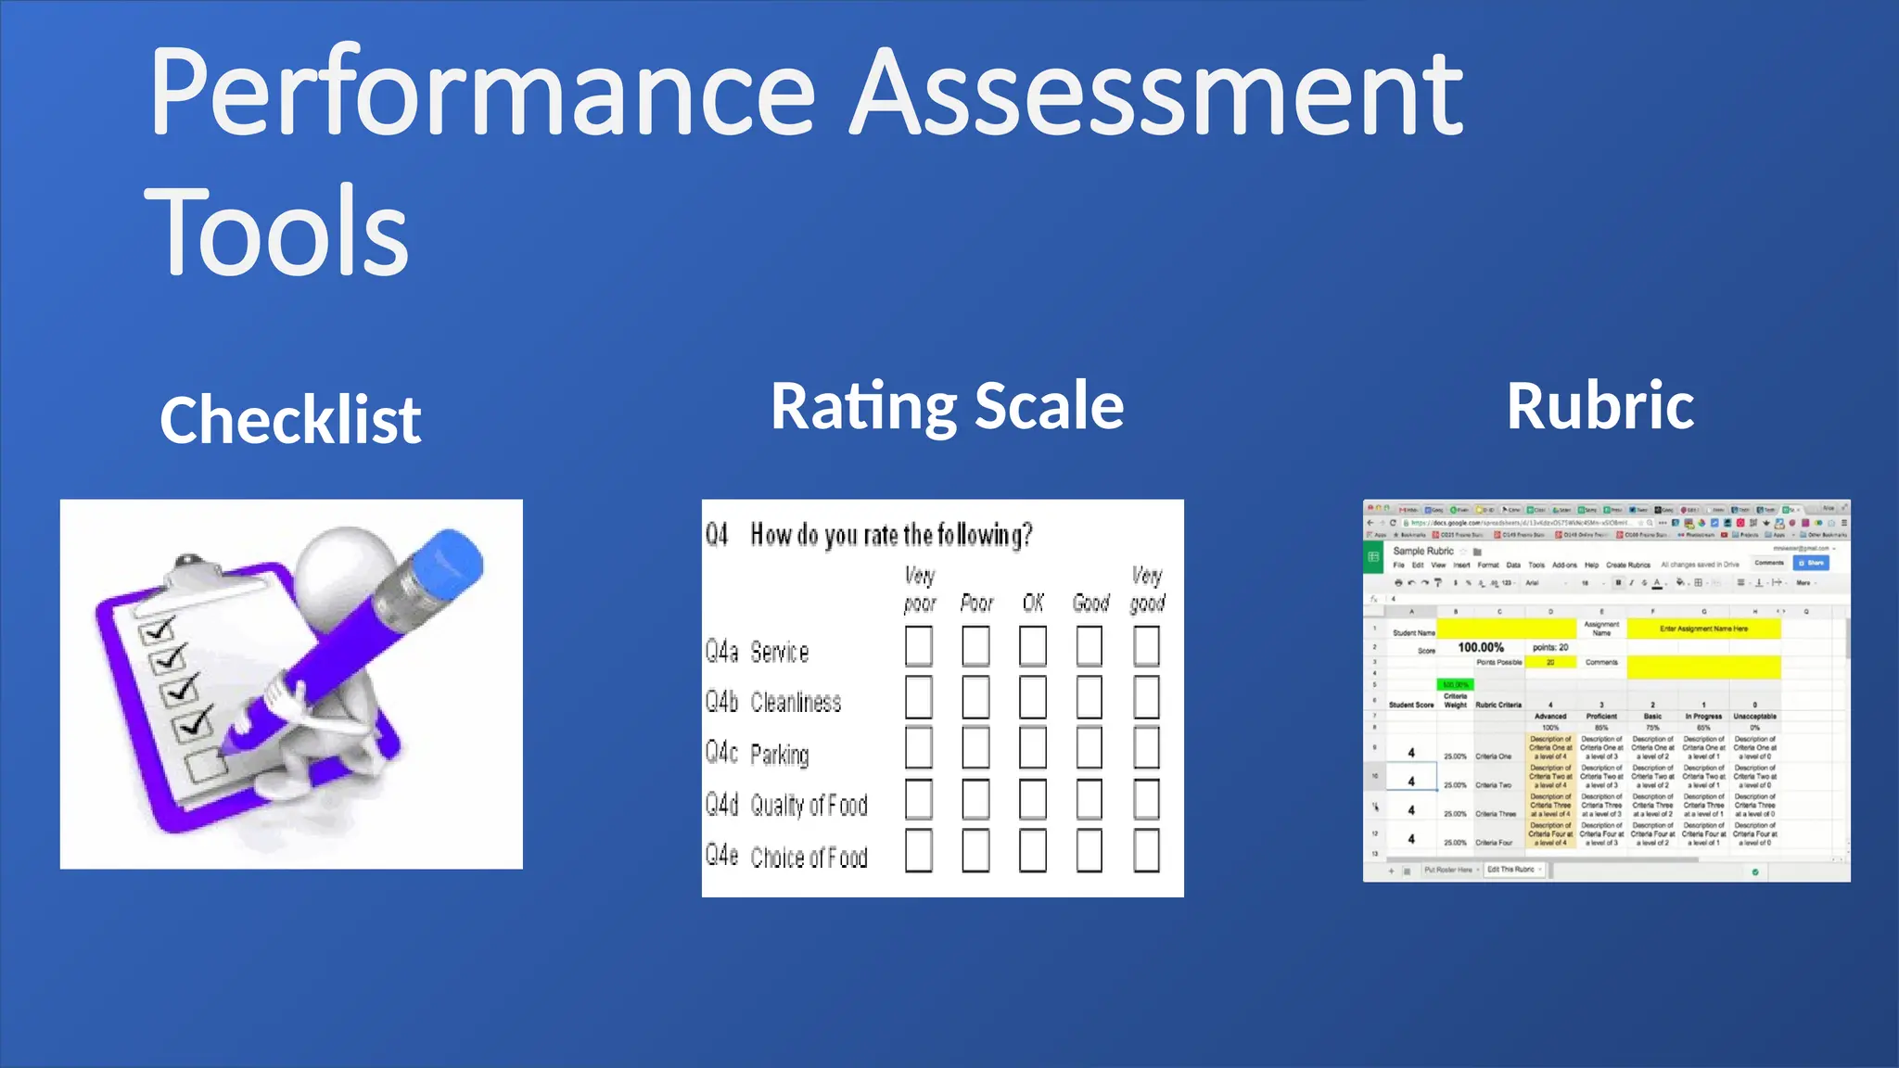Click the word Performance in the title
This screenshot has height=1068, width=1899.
pyautogui.click(x=482, y=93)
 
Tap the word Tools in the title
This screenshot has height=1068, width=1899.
pyautogui.click(x=276, y=232)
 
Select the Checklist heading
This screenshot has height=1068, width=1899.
pyautogui.click(x=290, y=420)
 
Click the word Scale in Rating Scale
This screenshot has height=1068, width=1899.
pyautogui.click(x=1049, y=406)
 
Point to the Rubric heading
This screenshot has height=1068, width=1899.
pyautogui.click(x=1600, y=406)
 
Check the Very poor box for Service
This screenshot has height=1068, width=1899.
pyautogui.click(x=918, y=646)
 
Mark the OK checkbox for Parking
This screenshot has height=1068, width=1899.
pyautogui.click(x=1032, y=748)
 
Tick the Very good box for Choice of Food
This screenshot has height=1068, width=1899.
pyautogui.click(x=1146, y=851)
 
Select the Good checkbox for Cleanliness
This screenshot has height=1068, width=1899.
pyautogui.click(x=1090, y=697)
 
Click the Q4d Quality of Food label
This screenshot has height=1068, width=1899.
pyautogui.click(x=786, y=805)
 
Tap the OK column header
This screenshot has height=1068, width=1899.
pyautogui.click(x=1033, y=604)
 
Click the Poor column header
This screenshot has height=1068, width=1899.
pyautogui.click(x=976, y=604)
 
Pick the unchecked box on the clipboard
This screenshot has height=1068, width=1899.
pyautogui.click(x=205, y=766)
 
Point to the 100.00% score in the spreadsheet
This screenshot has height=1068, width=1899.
pyautogui.click(x=1481, y=647)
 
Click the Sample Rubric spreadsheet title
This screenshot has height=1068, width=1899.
pyautogui.click(x=1423, y=551)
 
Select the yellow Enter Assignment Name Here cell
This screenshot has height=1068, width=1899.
pyautogui.click(x=1703, y=629)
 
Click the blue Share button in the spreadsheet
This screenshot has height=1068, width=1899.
pyautogui.click(x=1811, y=563)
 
